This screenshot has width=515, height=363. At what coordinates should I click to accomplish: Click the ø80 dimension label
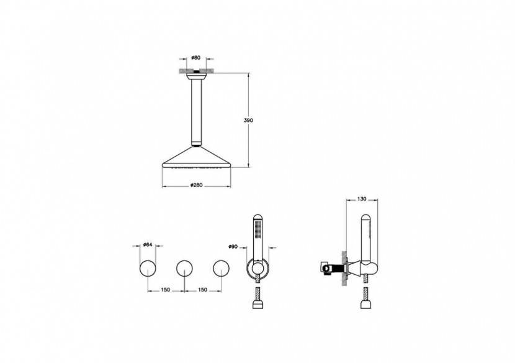(x=195, y=58)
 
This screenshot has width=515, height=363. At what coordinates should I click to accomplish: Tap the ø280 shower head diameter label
(x=195, y=185)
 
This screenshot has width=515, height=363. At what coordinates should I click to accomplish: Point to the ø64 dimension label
(x=148, y=244)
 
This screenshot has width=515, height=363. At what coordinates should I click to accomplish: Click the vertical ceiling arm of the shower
(x=196, y=112)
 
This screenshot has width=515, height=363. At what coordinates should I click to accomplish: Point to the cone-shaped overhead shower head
(x=196, y=158)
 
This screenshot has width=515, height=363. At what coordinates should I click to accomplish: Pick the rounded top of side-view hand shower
(x=366, y=219)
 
